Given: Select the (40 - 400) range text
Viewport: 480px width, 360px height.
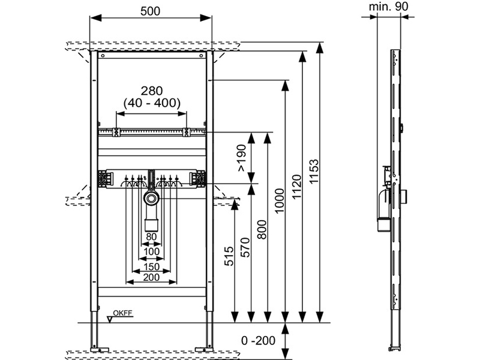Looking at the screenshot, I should pos(151,103).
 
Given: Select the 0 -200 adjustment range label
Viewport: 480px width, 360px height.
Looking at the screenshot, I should pos(258,341).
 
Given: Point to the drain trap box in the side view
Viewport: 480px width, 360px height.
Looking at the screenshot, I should pos(382,223).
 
